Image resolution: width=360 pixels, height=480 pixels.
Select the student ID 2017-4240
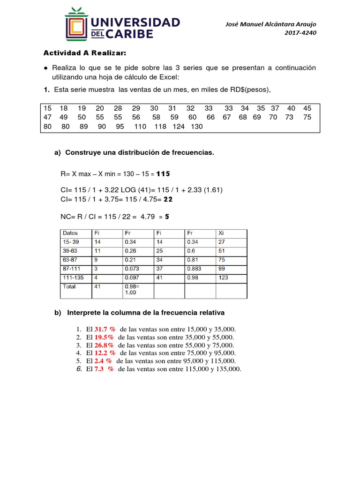click(300, 33)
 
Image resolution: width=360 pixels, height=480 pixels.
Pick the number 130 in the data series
click(197, 127)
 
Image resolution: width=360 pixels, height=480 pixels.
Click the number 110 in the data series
click(140, 127)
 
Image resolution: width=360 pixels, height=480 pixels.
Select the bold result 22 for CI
click(168, 199)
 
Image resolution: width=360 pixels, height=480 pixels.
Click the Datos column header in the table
click(70, 233)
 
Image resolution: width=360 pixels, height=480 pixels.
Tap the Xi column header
click(221, 233)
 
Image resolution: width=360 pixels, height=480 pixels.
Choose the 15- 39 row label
click(71, 242)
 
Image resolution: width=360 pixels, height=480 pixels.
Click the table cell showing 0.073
click(132, 269)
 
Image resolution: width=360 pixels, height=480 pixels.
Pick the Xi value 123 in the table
click(224, 277)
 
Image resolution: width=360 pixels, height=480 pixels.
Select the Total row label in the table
click(69, 286)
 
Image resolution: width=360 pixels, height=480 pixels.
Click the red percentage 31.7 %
click(105, 330)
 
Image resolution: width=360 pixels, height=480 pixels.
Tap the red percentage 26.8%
click(105, 345)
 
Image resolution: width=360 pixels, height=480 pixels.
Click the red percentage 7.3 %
click(105, 369)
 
